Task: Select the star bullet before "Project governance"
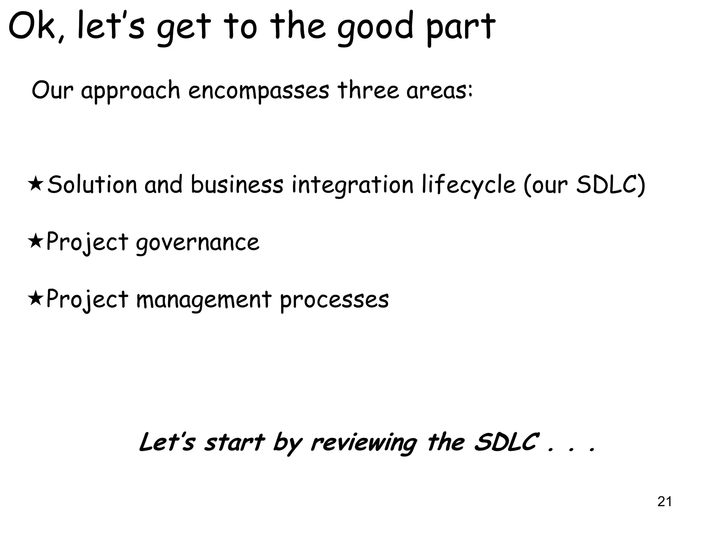click(35, 241)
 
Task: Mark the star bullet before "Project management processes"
click(35, 299)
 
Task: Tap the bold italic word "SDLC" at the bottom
click(505, 442)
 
